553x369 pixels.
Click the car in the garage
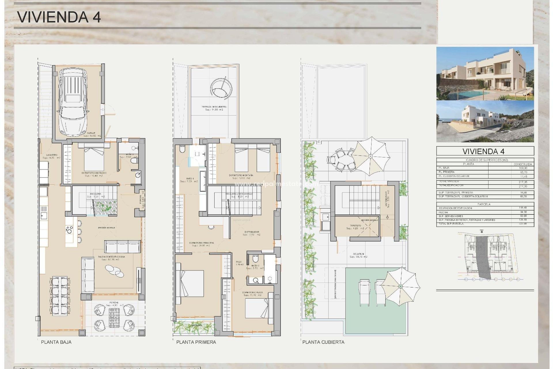pos(73,102)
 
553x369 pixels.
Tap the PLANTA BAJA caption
pos(56,342)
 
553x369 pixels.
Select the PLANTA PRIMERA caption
pos(196,342)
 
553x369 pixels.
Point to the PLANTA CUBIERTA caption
pos(323,342)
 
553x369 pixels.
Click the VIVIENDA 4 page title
pos(59,17)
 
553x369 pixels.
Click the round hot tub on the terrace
pos(221,88)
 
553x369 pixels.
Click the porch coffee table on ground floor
pos(114,318)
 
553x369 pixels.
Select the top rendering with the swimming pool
pos(485,74)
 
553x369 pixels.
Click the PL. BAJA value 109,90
pos(523,168)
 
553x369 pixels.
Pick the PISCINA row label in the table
pos(443,212)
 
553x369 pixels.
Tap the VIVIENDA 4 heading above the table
pos(485,151)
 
